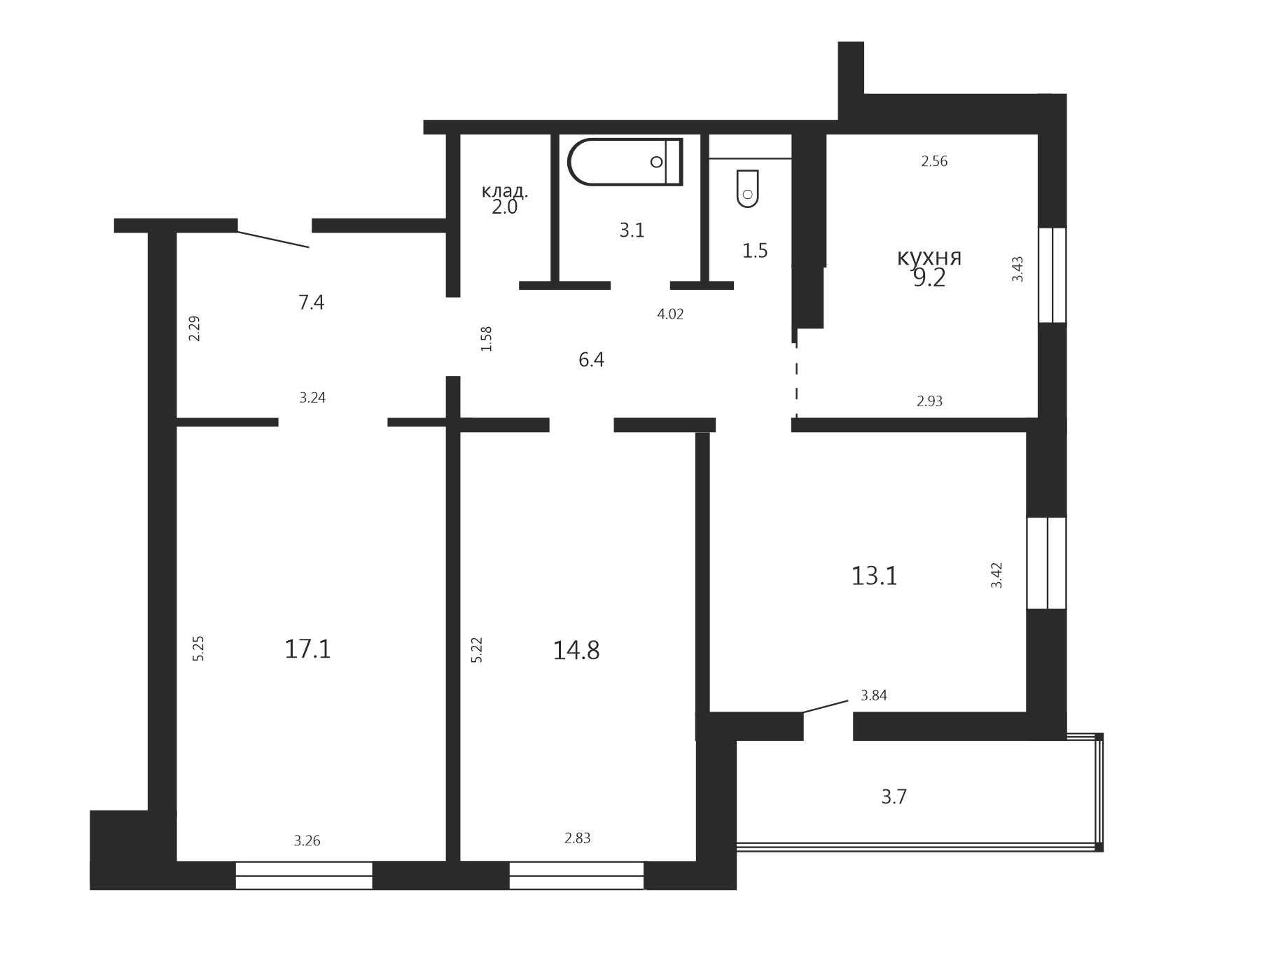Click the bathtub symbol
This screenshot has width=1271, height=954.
(x=625, y=162)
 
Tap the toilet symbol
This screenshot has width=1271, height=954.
(x=748, y=188)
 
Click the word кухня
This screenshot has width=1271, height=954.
(x=929, y=257)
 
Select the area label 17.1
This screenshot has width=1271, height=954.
(x=307, y=649)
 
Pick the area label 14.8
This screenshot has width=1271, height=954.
(x=576, y=650)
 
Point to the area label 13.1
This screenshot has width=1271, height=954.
(x=874, y=576)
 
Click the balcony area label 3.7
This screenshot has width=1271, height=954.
(x=894, y=796)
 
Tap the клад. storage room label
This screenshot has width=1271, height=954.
(x=505, y=191)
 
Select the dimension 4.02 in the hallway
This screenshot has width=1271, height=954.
(x=670, y=314)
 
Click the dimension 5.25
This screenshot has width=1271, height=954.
(x=198, y=649)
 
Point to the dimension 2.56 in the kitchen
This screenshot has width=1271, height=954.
(x=934, y=161)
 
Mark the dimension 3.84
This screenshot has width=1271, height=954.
(x=874, y=696)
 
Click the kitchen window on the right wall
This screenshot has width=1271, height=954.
(x=1052, y=275)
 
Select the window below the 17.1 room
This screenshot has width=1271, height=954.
(x=304, y=876)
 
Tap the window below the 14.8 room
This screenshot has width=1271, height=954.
(x=576, y=876)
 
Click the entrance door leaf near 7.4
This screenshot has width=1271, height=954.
(x=273, y=239)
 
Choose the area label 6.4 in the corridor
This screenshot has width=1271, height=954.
(x=591, y=359)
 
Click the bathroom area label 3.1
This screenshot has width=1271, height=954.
(x=632, y=230)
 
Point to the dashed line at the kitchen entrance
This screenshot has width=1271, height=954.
(x=797, y=378)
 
